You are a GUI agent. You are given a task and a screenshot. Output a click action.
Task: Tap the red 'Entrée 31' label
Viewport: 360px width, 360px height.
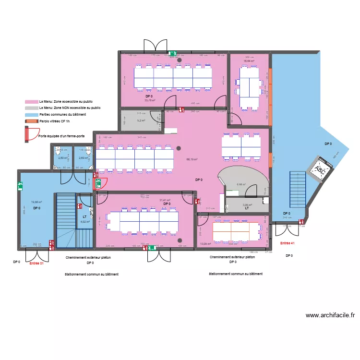pos(36,263)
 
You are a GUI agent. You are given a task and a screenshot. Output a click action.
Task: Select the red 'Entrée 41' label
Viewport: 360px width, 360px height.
pos(287,243)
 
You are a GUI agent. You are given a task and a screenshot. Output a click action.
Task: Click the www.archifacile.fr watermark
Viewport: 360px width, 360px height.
pos(330,315)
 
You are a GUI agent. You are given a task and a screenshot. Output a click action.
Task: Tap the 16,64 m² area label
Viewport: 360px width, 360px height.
pos(248,61)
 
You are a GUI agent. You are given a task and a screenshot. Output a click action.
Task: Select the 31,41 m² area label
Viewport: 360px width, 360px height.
pos(165,200)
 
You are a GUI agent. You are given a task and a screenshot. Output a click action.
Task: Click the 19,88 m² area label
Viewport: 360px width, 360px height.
pos(36,203)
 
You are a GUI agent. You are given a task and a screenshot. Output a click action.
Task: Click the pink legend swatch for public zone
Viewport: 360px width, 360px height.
pos(32,102)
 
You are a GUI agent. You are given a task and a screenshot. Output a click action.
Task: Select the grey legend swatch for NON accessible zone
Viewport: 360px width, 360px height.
pos(32,108)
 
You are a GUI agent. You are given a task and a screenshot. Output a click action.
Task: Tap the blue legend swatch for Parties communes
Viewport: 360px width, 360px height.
pos(32,115)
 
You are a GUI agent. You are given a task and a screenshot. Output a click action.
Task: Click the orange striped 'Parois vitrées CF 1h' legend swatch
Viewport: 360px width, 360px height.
pos(32,121)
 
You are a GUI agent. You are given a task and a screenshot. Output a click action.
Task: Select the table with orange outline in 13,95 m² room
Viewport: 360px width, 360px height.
pos(231,232)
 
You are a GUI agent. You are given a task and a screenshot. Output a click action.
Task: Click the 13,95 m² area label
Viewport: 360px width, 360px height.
pos(205,244)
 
